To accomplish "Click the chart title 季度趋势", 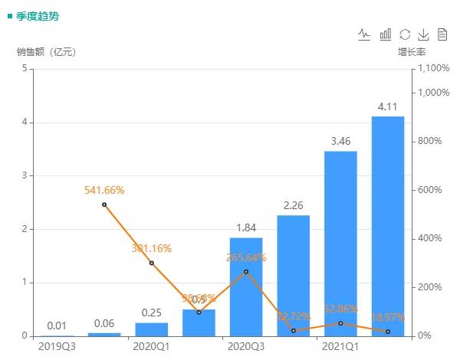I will coord(36,15).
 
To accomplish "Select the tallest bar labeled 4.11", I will coord(387,226).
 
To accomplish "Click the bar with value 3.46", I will coord(340,244).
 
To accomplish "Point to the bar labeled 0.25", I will coord(152,329).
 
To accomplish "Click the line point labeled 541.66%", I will coord(104,205).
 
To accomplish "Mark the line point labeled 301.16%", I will coord(152,263).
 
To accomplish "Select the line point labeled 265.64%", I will coord(246,271).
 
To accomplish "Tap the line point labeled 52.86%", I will coord(340,323).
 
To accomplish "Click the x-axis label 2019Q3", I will coord(57,346).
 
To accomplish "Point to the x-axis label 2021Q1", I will coord(340,346).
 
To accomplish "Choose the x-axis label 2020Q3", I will coord(246,346).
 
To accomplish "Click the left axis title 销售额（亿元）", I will coord(47,52).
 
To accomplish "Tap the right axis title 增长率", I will coord(412,52).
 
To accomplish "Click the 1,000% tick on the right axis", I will coord(432,93).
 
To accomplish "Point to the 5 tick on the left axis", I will coord(25,68).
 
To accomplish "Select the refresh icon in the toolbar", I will coord(405,34).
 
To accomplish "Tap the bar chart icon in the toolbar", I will coord(386,34).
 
